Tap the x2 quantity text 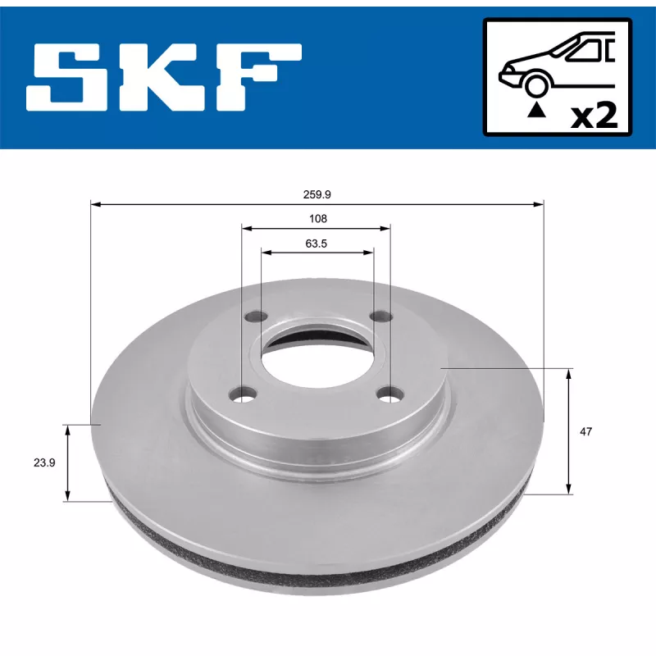point(594,116)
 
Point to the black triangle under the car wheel point(535,109)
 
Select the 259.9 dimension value point(317,194)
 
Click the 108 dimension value point(317,218)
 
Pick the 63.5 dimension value point(317,243)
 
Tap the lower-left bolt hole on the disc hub point(242,395)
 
